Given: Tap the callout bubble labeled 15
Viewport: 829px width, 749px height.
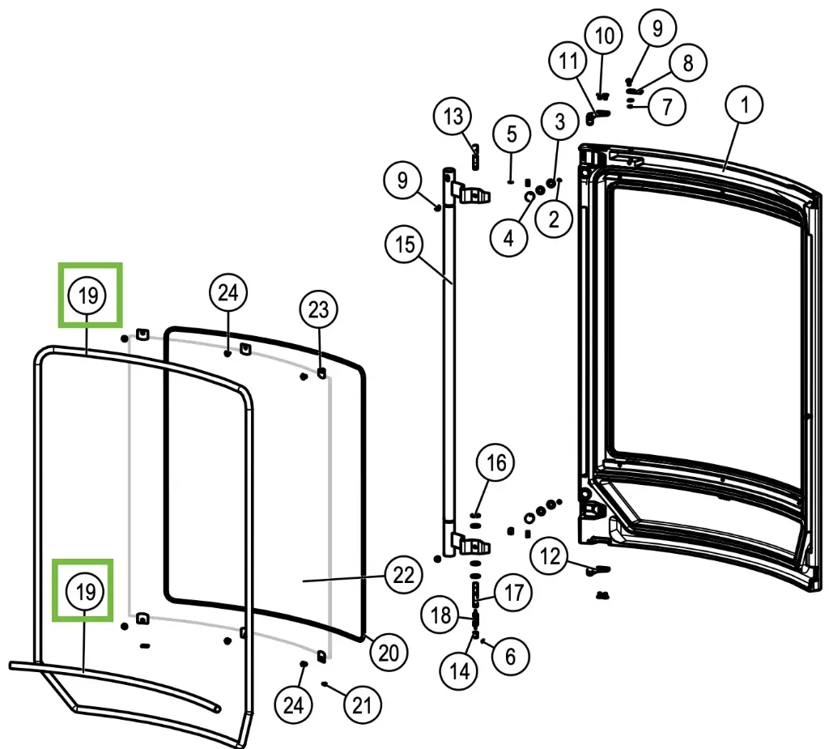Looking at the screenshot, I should [x=405, y=244].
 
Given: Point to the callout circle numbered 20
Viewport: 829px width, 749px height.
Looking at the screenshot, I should [x=389, y=653].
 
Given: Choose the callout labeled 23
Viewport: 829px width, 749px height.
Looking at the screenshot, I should [x=319, y=309].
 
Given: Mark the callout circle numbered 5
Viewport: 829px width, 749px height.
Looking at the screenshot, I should [x=512, y=134].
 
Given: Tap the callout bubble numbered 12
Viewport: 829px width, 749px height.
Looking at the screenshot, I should [x=551, y=556].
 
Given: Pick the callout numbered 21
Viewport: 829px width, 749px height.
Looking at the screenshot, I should [x=363, y=706].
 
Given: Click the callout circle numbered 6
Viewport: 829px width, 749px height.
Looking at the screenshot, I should [x=509, y=656].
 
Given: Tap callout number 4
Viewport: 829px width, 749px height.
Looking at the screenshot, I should [x=508, y=238].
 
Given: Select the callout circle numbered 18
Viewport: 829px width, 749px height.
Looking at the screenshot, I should [x=441, y=615].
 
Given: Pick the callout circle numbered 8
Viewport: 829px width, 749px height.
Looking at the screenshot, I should [x=687, y=63].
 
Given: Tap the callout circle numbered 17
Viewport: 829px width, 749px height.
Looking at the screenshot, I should [x=514, y=593].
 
